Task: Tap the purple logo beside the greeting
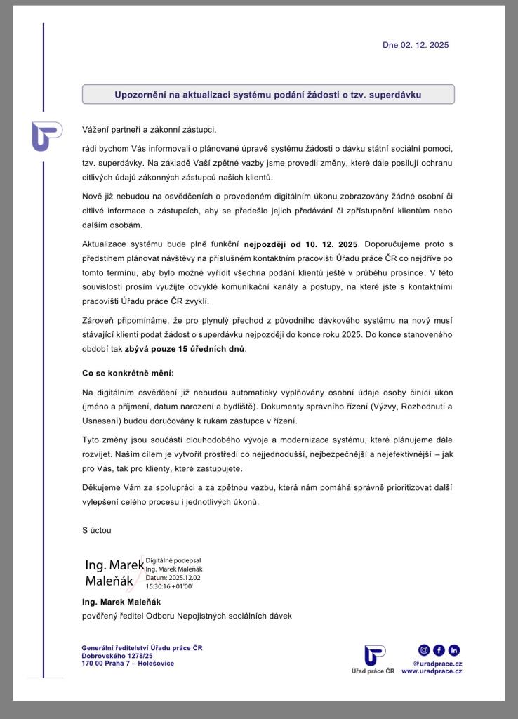pyautogui.click(x=46, y=136)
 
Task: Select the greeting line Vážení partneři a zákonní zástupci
pyautogui.click(x=150, y=130)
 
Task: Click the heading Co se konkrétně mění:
pyautogui.click(x=128, y=372)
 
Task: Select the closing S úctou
pyautogui.click(x=96, y=530)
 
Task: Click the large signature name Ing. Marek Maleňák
pyautogui.click(x=113, y=573)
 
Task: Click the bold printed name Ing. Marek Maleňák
pyautogui.click(x=121, y=602)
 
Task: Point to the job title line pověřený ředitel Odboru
pyautogui.click(x=186, y=616)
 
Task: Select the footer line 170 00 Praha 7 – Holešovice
pyautogui.click(x=128, y=663)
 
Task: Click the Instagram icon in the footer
pyautogui.click(x=424, y=650)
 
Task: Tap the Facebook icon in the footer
pyautogui.click(x=439, y=650)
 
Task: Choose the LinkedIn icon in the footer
pyautogui.click(x=454, y=650)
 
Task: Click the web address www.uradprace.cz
pyautogui.click(x=432, y=671)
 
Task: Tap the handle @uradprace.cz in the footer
pyautogui.click(x=437, y=663)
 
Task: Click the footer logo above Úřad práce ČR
pyautogui.click(x=375, y=654)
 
